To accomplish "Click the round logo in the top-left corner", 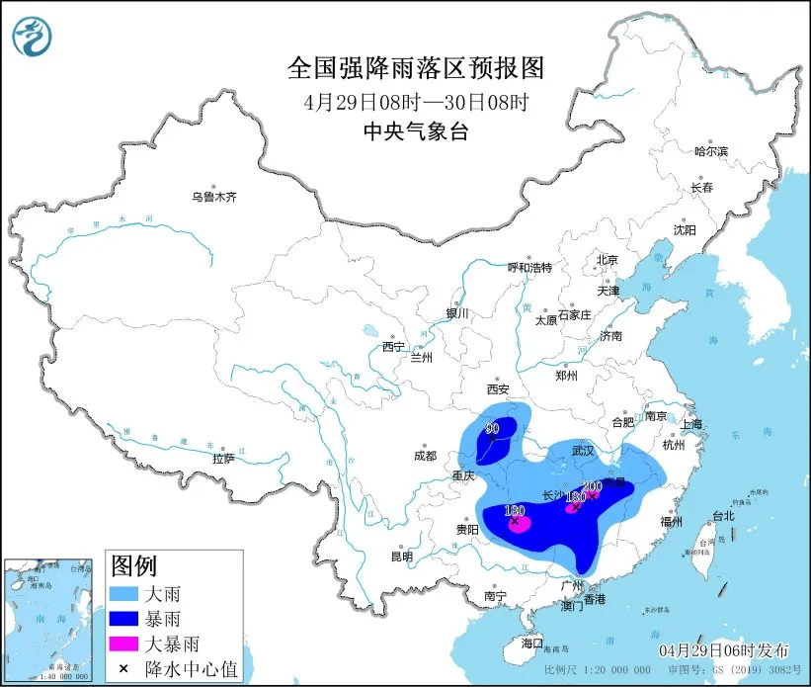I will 32,38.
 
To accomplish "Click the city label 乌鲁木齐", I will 213,197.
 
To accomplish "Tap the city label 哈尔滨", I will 710,151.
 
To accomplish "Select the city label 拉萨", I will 223,459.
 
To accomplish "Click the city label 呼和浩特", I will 529,268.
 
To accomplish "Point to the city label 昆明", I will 401,557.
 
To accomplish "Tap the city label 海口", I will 531,644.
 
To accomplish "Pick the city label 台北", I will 723,516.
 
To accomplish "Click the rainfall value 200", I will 593,486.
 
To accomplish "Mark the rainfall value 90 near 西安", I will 491,429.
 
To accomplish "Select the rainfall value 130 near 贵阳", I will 514,511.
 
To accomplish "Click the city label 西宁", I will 393,347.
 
